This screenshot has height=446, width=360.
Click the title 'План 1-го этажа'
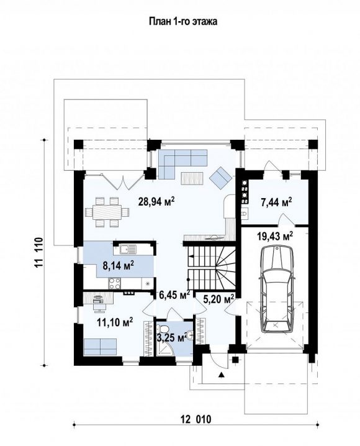pos(183,21)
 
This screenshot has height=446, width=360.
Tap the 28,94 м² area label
pos(156,201)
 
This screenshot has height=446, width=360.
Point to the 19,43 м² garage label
pos(275,236)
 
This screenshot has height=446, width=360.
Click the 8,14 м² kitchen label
pos(118,266)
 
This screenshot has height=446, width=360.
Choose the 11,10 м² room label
pos(115,322)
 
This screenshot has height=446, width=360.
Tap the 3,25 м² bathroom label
pos(172,338)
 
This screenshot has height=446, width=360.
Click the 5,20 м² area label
pos(218,299)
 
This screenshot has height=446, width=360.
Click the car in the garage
pos(276,289)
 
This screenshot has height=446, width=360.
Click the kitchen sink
pos(128,250)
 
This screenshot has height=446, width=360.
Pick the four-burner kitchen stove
pos(115,283)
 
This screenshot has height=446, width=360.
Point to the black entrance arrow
pos(222,375)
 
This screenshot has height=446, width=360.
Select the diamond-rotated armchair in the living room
pos(222,178)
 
